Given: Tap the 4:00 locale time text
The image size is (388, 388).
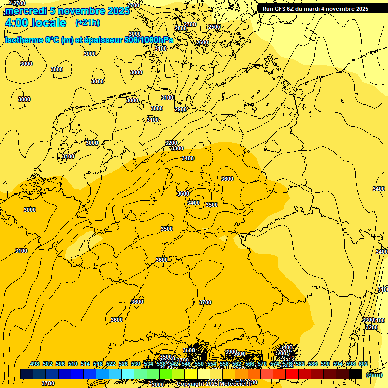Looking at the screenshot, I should click(x=35, y=23).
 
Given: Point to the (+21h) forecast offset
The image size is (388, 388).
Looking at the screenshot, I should click(x=87, y=23).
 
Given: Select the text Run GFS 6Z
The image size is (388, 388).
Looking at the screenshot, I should click(x=277, y=9).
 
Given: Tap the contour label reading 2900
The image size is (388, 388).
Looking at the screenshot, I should click(x=180, y=109).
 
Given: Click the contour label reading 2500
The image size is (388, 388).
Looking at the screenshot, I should click(x=214, y=27).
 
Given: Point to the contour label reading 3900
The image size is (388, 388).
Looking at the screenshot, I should click(x=231, y=352).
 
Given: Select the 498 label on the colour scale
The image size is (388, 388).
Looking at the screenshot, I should click(x=35, y=364).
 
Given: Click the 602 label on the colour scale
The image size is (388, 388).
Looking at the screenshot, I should click(x=363, y=364).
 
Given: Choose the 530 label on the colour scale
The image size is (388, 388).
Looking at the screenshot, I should click(x=136, y=364).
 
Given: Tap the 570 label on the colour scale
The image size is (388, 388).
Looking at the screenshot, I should click(x=262, y=364).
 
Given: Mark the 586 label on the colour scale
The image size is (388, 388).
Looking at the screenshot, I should click(x=313, y=364).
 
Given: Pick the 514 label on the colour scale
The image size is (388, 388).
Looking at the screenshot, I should click(x=85, y=364).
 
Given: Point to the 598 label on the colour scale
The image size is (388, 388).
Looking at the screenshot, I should click(x=351, y=364).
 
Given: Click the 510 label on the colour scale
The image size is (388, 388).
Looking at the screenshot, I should click(x=73, y=364).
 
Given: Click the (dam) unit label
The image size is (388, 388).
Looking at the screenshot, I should click(x=374, y=374).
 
